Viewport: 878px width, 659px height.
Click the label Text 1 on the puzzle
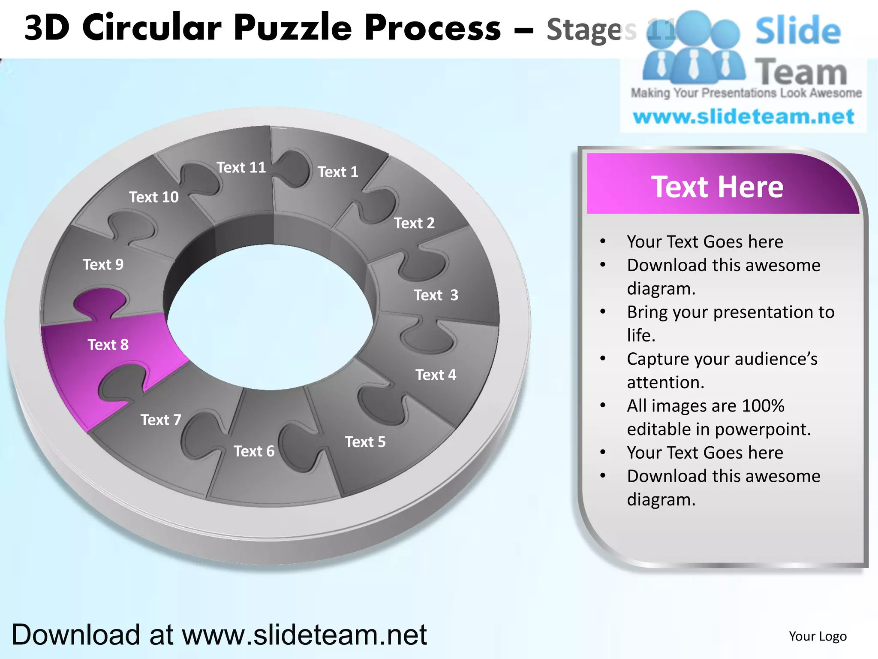click(338, 172)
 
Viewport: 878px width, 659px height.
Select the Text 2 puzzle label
click(414, 223)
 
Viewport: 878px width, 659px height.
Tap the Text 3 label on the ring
click(436, 295)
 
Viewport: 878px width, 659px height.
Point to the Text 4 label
click(436, 375)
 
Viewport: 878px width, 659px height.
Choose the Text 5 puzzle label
click(365, 442)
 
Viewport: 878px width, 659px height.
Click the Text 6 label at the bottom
click(254, 451)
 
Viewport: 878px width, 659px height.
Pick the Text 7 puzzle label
click(161, 420)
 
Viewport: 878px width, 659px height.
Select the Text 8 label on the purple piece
click(108, 345)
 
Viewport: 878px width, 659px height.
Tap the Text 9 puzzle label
click(103, 264)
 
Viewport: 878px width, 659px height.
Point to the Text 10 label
click(154, 197)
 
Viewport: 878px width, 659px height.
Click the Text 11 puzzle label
click(241, 167)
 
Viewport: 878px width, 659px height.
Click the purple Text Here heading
click(717, 187)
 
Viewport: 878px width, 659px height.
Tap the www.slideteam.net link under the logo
click(743, 117)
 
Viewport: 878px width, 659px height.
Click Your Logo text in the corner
click(818, 636)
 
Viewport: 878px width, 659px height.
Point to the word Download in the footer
click(75, 635)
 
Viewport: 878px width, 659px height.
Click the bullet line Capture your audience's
click(722, 359)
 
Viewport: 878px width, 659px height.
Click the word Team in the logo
click(801, 72)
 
